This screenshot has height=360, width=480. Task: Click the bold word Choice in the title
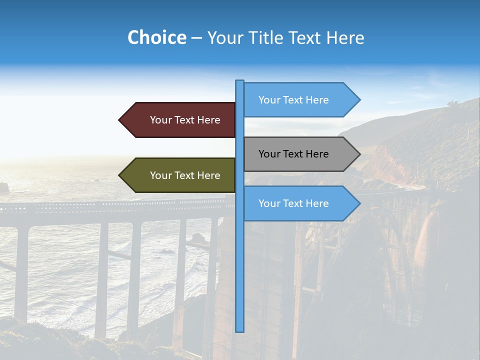[x=156, y=37]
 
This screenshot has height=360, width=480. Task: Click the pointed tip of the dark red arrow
[x=120, y=120]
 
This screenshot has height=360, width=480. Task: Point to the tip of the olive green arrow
[x=120, y=175]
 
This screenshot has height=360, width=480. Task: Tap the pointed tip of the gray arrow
[x=359, y=154]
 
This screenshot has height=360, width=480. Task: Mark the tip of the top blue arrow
[x=359, y=100]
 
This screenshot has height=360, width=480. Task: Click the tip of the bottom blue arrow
[x=359, y=203]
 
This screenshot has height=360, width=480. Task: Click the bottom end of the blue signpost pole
[x=240, y=330]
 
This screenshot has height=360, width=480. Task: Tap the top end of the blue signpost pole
[x=240, y=82]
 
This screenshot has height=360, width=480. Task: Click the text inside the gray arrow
[x=293, y=154]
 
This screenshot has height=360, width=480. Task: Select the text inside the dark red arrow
[x=185, y=120]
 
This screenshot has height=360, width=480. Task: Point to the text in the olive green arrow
[x=185, y=175]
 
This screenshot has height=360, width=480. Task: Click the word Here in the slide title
[x=345, y=37]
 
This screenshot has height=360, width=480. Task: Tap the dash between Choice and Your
[x=196, y=38]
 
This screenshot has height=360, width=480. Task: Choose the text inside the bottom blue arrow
[x=293, y=203]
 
